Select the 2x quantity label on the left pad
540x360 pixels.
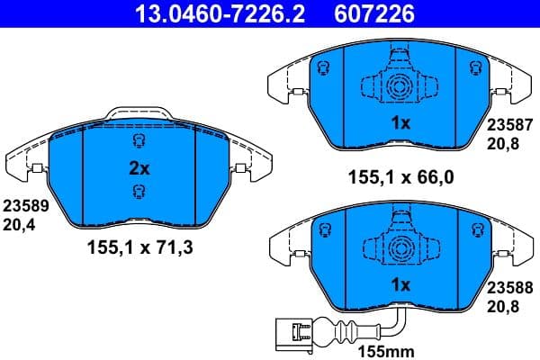click(x=139, y=167)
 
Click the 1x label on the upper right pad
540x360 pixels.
click(x=400, y=124)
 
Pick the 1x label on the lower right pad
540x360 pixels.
click(x=400, y=283)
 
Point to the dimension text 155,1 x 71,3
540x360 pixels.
click(x=138, y=244)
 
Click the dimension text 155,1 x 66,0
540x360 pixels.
click(x=400, y=178)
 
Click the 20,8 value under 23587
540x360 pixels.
click(x=502, y=144)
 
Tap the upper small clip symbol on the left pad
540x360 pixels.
click(x=138, y=141)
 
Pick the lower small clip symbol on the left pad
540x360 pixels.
click(x=138, y=190)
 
